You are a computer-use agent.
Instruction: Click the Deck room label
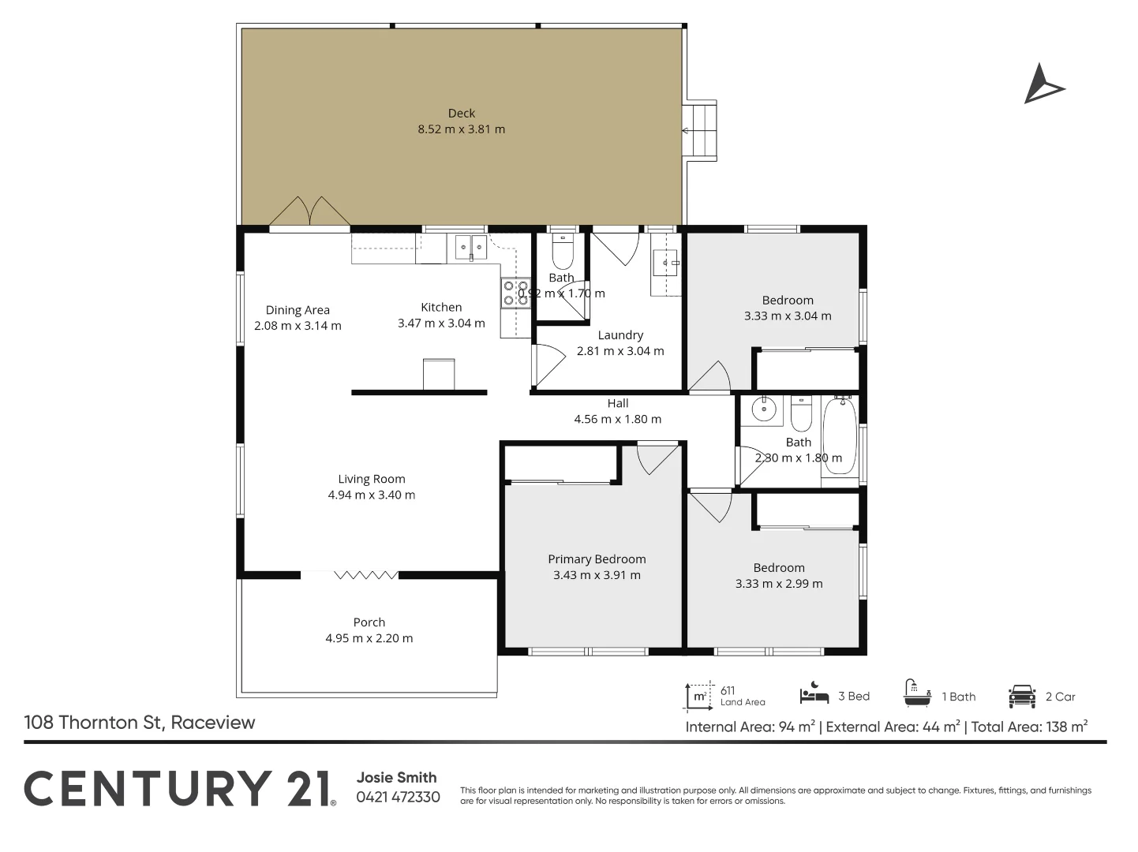tap(461, 114)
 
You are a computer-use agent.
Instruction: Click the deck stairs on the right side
tap(700, 131)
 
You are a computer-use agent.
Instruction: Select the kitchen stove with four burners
tap(515, 293)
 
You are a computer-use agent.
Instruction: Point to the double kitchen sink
tap(470, 247)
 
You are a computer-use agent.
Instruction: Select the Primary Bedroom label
tap(597, 559)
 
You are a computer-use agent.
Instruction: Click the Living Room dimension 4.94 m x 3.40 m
tap(371, 495)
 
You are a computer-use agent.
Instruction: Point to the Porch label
tap(369, 622)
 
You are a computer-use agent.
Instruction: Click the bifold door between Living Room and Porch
tap(365, 575)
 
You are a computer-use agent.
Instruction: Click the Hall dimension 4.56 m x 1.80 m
tap(617, 420)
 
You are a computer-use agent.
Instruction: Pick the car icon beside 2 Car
tap(1021, 696)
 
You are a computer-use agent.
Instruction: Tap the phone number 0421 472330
tap(398, 797)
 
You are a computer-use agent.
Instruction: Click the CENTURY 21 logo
tap(180, 789)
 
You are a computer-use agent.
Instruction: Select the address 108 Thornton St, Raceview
tap(140, 723)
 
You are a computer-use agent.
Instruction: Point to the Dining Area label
tap(298, 311)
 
